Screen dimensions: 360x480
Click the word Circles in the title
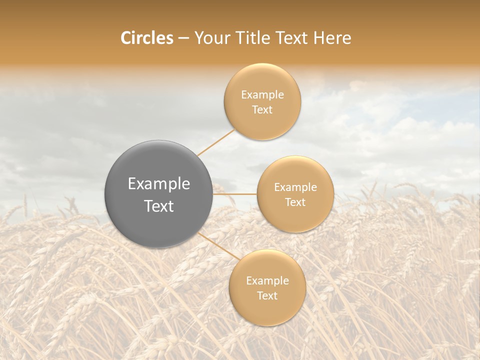146,38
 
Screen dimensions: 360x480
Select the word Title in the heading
257,38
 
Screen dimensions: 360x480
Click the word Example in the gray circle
159,184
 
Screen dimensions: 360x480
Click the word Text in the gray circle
159,206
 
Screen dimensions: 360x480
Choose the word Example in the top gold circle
262,95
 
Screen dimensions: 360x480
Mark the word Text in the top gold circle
262,110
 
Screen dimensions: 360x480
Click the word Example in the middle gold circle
295,187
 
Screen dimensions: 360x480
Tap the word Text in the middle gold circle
295,202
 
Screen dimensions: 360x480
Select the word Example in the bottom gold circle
267,281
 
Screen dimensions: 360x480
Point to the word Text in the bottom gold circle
267,296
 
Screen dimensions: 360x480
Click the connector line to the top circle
215,142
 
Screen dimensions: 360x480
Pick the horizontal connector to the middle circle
235,194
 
